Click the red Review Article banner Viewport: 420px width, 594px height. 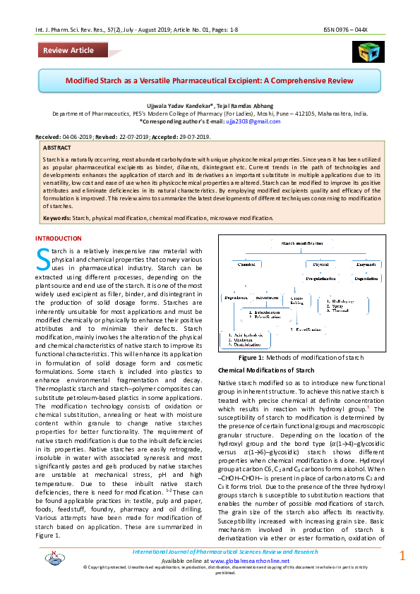tap(68, 50)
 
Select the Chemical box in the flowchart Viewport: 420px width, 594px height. tap(246, 265)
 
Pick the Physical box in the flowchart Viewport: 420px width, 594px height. tap(318, 265)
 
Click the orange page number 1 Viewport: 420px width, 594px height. tap(402, 555)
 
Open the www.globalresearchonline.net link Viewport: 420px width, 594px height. tap(222, 559)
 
